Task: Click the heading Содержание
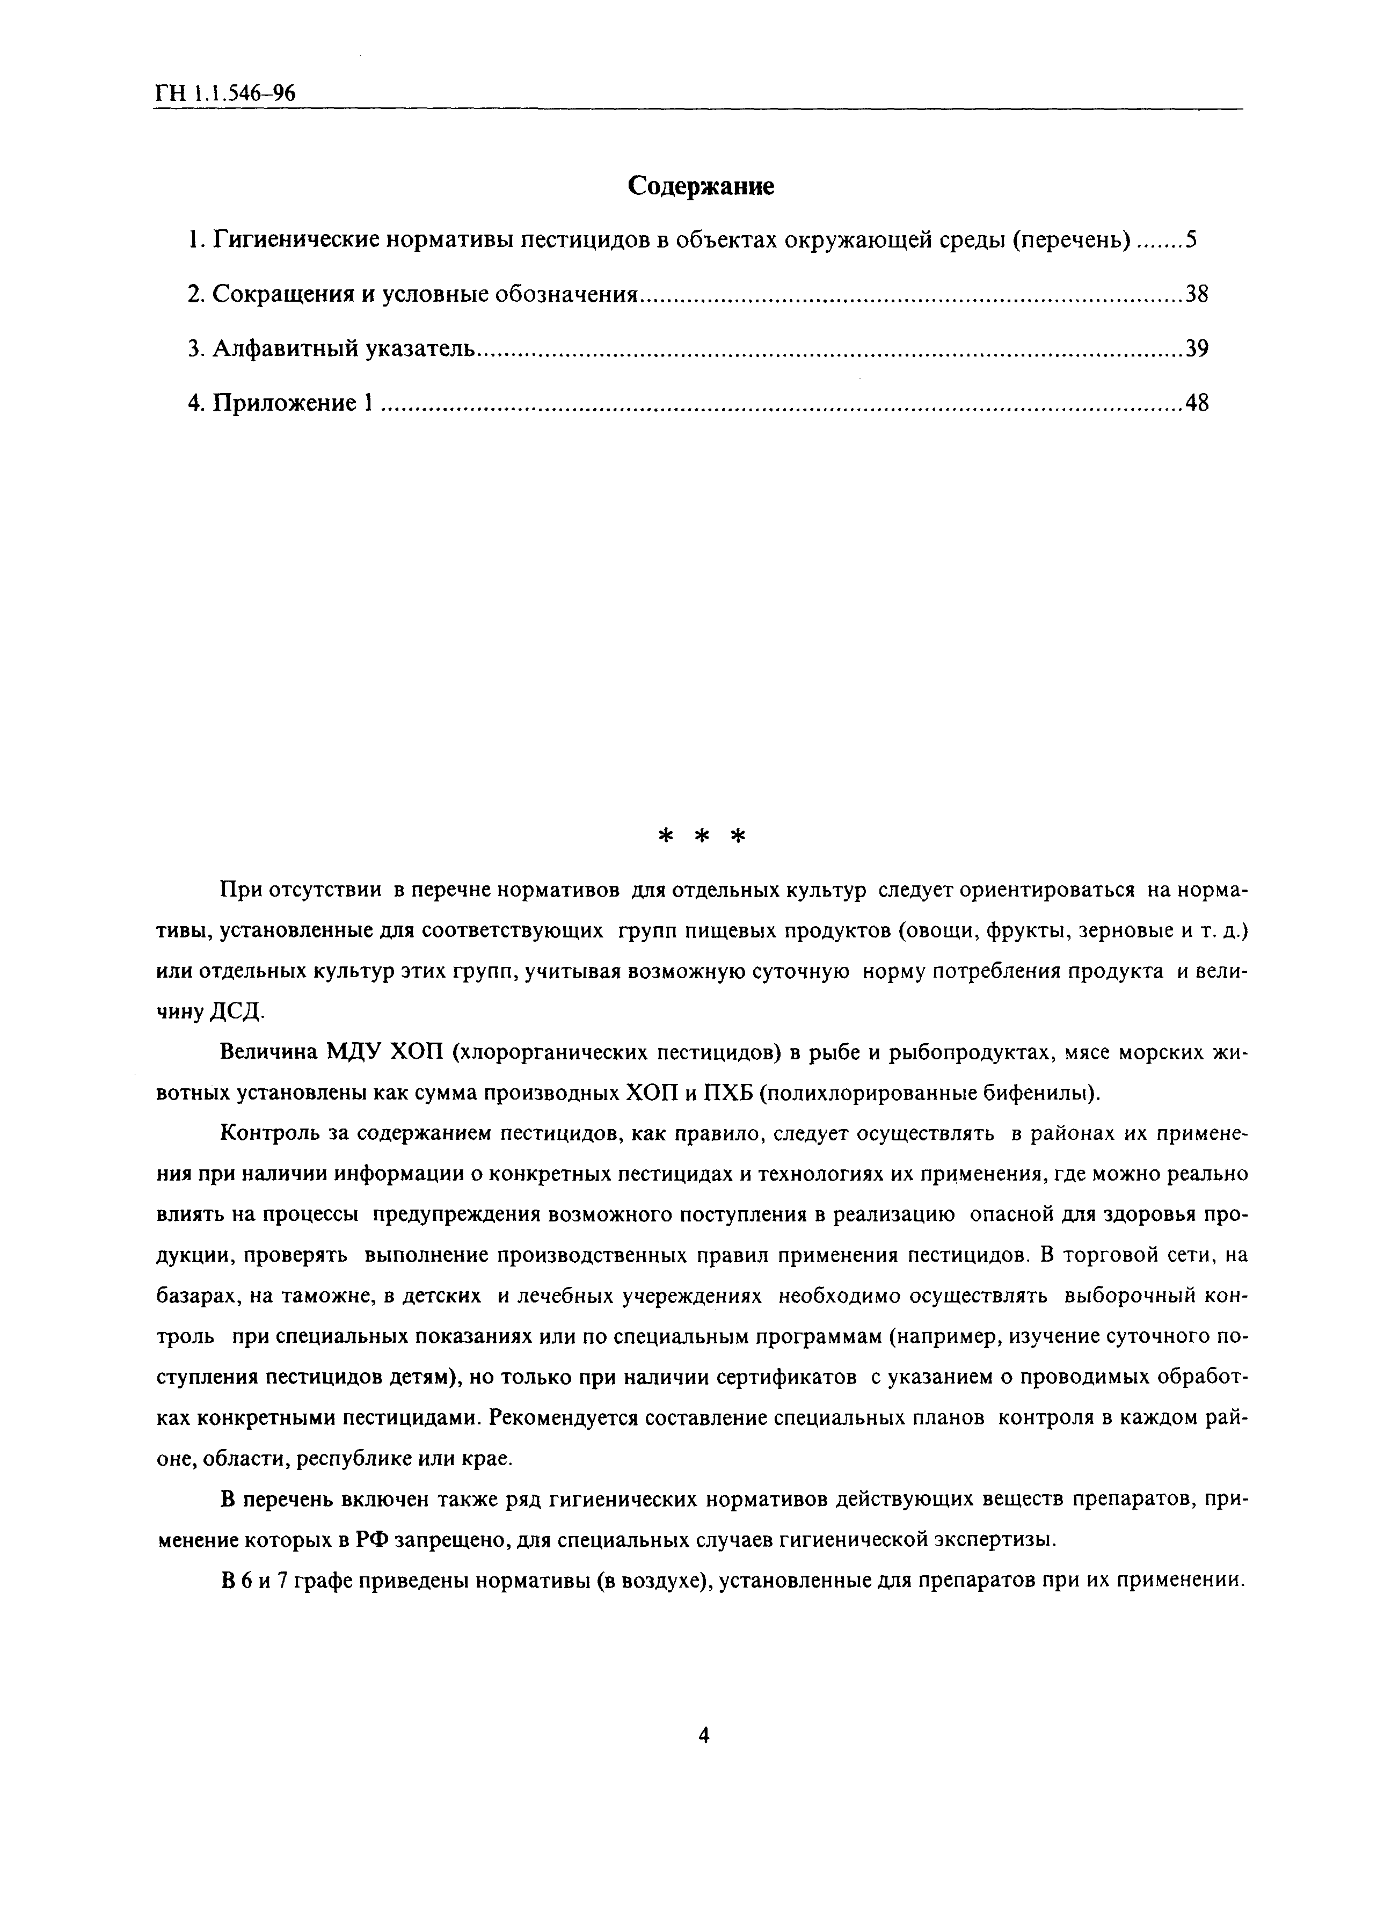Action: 701,186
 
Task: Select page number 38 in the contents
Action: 1197,295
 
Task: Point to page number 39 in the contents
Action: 1197,348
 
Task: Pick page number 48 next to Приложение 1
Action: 1197,403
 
